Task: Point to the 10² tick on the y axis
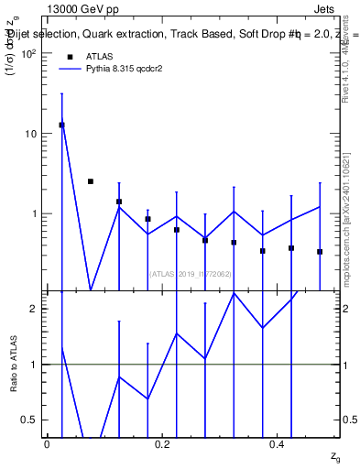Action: pyautogui.click(x=28, y=53)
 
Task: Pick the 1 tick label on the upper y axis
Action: pyautogui.click(x=34, y=213)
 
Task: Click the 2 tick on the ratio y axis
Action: pyautogui.click(x=34, y=309)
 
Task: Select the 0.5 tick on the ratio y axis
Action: pyautogui.click(x=30, y=420)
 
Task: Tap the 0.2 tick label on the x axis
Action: pyautogui.click(x=162, y=443)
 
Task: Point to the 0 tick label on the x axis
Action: pyautogui.click(x=47, y=443)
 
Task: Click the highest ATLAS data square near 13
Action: pyautogui.click(x=61, y=125)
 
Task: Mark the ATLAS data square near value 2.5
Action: pyautogui.click(x=90, y=181)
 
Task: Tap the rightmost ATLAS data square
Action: pyautogui.click(x=320, y=251)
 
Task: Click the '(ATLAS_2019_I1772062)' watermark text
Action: pyautogui.click(x=190, y=273)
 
